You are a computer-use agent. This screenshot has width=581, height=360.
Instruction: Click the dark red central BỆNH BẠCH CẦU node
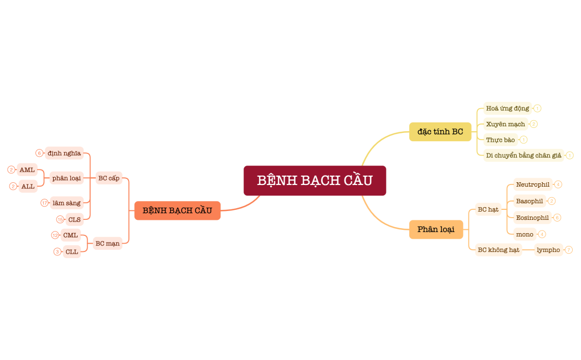(x=315, y=181)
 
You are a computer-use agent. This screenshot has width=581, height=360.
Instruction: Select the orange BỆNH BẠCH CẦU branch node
(x=177, y=210)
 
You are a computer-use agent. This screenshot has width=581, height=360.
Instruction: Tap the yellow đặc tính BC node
(x=440, y=132)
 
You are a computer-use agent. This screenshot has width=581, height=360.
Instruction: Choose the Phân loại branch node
(x=436, y=229)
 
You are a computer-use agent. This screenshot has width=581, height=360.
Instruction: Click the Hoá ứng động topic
(x=507, y=109)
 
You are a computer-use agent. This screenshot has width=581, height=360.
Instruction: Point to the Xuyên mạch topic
(x=505, y=124)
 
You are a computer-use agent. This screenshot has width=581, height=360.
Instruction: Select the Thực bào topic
(x=500, y=140)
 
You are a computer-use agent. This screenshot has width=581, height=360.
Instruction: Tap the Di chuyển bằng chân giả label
(x=523, y=156)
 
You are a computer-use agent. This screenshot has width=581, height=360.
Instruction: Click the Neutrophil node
(x=532, y=184)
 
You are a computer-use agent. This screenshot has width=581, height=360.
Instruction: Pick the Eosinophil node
(x=532, y=218)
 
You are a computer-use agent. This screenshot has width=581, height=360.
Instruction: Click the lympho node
(x=548, y=250)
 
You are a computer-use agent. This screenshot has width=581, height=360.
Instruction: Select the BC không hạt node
(x=498, y=250)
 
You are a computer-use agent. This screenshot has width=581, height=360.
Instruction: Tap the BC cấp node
(x=109, y=178)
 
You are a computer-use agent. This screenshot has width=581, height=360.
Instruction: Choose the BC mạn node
(x=107, y=243)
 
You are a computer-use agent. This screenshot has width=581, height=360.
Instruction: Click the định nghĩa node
(x=64, y=153)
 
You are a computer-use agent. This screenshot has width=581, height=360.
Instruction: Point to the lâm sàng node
(x=66, y=203)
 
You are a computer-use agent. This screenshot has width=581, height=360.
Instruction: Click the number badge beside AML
(x=11, y=169)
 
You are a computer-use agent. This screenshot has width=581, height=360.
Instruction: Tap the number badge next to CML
(x=55, y=235)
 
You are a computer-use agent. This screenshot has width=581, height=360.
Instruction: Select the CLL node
(x=71, y=251)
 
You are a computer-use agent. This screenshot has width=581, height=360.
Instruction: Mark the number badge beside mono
(x=542, y=234)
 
